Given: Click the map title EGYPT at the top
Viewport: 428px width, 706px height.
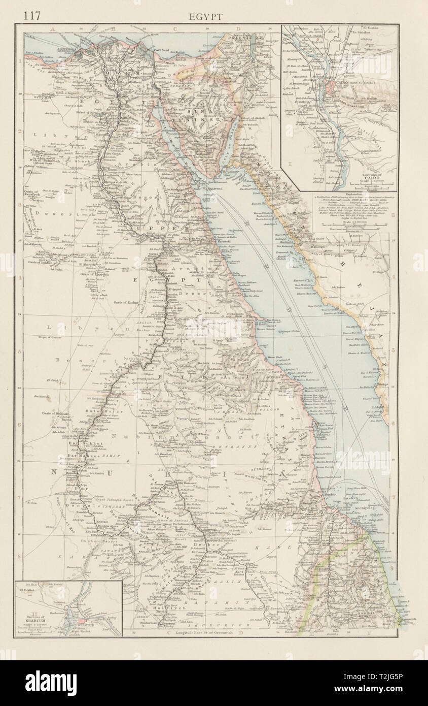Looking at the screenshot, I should [x=205, y=17].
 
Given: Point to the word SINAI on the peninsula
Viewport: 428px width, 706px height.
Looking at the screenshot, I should [x=209, y=115].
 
